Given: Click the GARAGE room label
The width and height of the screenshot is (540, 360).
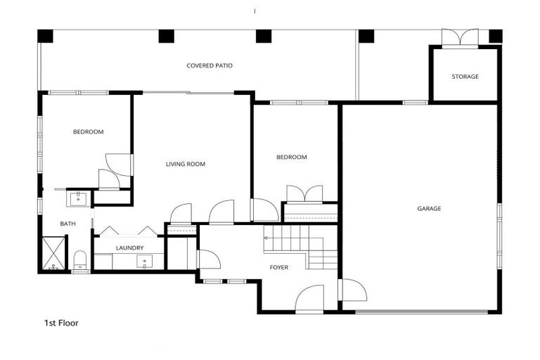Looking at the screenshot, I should point(429,208).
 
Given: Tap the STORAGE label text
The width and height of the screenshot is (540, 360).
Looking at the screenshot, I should point(465,77).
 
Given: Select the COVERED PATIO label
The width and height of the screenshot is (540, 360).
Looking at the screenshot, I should point(210,66).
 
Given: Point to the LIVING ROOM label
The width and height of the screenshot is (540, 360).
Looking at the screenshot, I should point(186,165).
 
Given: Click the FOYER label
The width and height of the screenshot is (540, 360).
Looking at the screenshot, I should point(279,267).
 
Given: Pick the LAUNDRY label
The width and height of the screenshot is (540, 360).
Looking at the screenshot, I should point(130,247).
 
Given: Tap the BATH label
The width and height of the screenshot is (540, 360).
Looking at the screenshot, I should point(67,224).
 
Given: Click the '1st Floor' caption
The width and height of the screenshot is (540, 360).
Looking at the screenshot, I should point(61,323).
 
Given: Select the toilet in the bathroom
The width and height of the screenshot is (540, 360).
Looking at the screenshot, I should point(79,260).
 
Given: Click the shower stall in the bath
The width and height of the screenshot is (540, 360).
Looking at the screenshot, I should point(53,254).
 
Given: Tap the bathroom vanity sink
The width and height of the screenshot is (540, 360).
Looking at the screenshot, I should point(77,198).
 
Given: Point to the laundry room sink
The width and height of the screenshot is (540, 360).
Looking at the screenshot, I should point(146,262).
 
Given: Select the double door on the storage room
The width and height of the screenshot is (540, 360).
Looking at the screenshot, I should point(460,37).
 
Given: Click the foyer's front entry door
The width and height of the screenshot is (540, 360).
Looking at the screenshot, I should point(309,300).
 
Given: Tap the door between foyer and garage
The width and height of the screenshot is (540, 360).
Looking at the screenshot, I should point(352,290).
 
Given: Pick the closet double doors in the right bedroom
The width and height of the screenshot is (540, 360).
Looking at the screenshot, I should point(304,193).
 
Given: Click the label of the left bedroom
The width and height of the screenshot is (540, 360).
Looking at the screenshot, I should point(89,132).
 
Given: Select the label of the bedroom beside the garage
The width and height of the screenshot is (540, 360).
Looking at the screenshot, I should point(291,157).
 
